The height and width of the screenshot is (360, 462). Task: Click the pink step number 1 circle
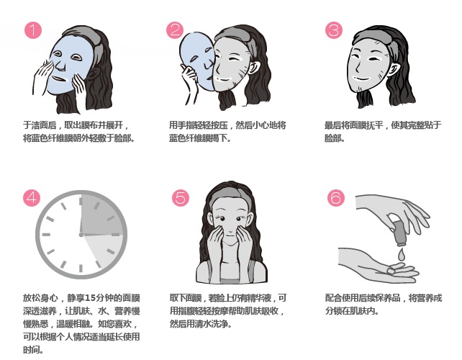click(x=33, y=30)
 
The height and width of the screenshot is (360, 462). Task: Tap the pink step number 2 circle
click(x=175, y=30)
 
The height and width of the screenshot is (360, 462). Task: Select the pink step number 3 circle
click(x=334, y=30)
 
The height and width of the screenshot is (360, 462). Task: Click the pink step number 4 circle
click(x=32, y=197)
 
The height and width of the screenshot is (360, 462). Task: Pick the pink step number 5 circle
click(x=181, y=197)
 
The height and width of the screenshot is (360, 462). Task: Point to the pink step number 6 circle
click(x=336, y=197)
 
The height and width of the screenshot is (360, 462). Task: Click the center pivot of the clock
click(x=81, y=235)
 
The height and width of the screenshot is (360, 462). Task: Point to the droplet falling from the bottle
click(x=401, y=254)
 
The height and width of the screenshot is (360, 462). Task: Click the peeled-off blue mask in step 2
click(x=197, y=60)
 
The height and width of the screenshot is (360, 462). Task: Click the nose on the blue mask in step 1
click(x=60, y=64)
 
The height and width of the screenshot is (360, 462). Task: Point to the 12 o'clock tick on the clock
click(x=81, y=202)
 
